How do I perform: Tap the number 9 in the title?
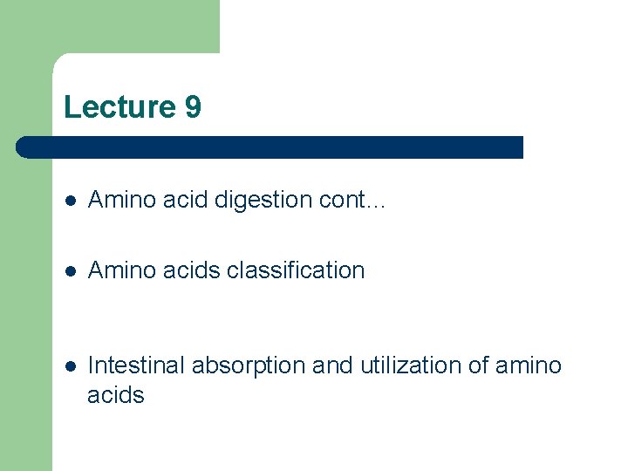click(193, 107)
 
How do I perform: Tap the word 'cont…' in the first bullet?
click(352, 201)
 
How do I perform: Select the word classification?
click(296, 270)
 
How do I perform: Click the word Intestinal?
click(136, 365)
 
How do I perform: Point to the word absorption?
click(249, 365)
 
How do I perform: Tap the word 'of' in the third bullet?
click(480, 365)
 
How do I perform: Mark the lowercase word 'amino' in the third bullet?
click(529, 365)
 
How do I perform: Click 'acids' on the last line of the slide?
click(116, 395)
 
